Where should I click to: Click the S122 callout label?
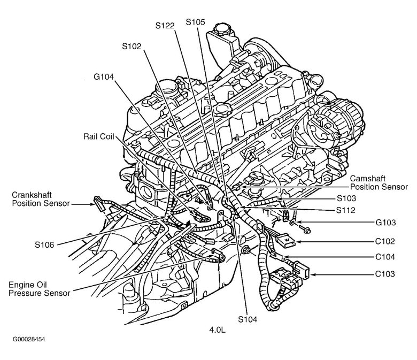tap(167, 25)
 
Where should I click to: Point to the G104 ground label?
tap(104, 76)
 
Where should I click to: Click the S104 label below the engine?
tap(247, 319)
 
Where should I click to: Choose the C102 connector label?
tap(384, 241)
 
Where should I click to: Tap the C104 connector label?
tap(384, 257)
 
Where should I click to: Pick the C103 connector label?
tap(384, 274)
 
